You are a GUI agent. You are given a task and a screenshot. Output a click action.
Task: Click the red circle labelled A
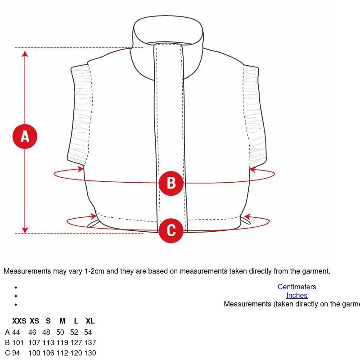coord(25,136)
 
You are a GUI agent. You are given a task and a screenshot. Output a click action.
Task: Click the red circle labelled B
coord(171,183)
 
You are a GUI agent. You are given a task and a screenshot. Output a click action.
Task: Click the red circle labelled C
coord(171,230)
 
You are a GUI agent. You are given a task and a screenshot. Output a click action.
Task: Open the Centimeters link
coord(297,287)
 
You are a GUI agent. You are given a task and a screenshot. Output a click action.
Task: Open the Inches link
coord(297,295)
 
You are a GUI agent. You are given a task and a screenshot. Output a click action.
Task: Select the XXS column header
coord(19,321)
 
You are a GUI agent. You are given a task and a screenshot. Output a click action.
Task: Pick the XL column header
coord(90,321)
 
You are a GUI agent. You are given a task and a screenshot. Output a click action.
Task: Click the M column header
coord(62,321)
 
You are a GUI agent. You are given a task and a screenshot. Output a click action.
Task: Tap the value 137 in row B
coord(90,342)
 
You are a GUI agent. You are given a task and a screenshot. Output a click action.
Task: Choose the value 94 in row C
coord(16,353)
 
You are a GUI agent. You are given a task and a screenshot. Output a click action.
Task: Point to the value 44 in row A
coord(16,332)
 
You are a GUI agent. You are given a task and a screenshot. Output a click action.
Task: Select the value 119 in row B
coord(62,342)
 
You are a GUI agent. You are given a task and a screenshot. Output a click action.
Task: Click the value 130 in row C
coord(90,353)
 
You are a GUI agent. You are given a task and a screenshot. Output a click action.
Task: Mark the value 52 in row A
coord(74,332)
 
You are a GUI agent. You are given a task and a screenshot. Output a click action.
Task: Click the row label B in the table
coord(7,342)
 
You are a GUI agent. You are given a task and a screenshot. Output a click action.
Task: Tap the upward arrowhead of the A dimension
coord(25,54)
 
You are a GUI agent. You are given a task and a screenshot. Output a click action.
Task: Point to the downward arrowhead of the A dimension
coord(25,230)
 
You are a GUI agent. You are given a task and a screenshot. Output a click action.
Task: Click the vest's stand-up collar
coord(168,30)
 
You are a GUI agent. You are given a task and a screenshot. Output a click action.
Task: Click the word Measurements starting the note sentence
coord(27,271)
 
